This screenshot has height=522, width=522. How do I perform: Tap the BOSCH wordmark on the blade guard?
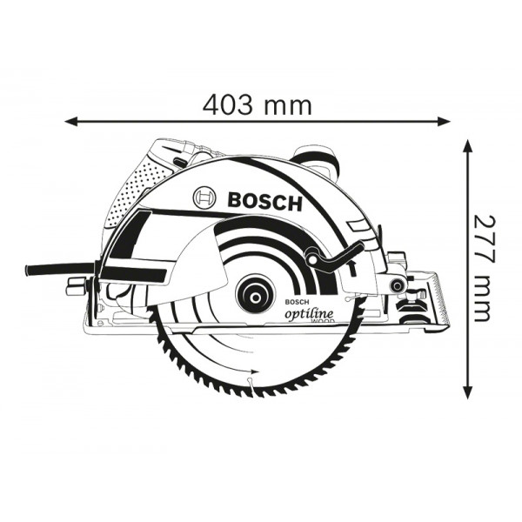(x=264, y=202)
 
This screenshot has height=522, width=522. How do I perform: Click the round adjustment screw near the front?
(x=398, y=284)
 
